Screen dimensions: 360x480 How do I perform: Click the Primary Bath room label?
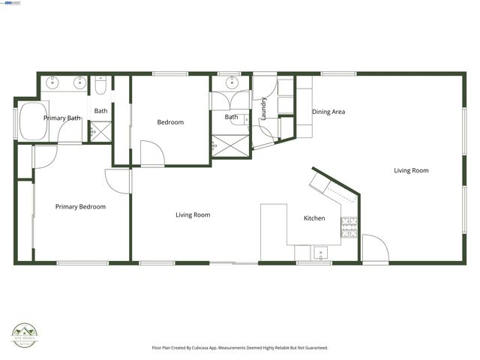pos(62,118)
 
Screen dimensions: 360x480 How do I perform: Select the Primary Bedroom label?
pos(80,206)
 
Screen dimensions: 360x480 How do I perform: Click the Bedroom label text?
pos(170,122)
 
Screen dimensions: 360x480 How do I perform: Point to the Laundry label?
pos(264,111)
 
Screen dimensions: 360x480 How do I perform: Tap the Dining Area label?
pos(328,112)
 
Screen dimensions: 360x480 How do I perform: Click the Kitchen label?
pos(314,218)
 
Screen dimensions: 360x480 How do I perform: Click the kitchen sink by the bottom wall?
pos(321,253)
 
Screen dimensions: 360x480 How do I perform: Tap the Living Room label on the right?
pos(411,170)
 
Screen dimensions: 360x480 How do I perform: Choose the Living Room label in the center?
pos(193,214)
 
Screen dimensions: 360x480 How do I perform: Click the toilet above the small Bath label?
pos(100,86)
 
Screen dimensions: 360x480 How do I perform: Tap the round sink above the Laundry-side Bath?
pos(229,82)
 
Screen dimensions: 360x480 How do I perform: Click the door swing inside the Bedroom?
pos(153,154)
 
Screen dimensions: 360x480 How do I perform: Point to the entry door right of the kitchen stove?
pos(374,247)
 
